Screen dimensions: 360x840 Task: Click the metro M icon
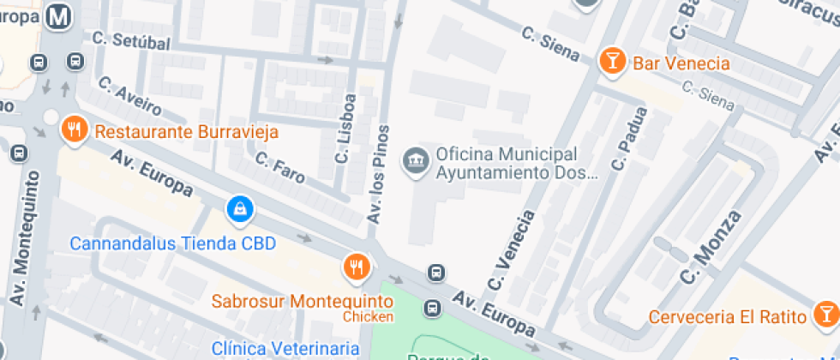[60, 16]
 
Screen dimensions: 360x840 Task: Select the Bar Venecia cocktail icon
[612, 61]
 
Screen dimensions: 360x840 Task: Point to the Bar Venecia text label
[681, 63]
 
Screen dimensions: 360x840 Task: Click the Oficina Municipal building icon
[417, 159]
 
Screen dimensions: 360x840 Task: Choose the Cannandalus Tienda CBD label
[172, 243]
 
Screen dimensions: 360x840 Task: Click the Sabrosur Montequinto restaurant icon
[356, 267]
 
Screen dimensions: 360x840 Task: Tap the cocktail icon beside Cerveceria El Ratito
[825, 315]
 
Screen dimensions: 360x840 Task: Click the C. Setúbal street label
[131, 39]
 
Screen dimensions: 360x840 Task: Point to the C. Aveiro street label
[129, 95]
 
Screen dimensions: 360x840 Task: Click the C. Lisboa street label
[345, 129]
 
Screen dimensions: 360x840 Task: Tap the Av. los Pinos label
[378, 175]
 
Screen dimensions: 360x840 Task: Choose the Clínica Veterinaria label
[285, 348]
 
